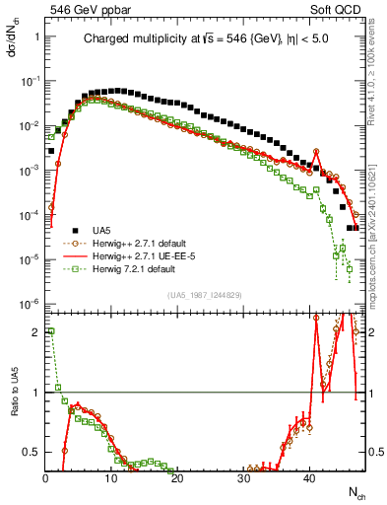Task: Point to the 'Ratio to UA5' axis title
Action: (14, 403)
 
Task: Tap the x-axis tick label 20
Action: (177, 476)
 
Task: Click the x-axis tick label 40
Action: (309, 476)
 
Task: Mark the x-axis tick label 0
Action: (46, 476)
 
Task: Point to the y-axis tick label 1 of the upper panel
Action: (35, 36)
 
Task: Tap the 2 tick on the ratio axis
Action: (35, 332)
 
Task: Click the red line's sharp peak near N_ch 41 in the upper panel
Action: (316, 150)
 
